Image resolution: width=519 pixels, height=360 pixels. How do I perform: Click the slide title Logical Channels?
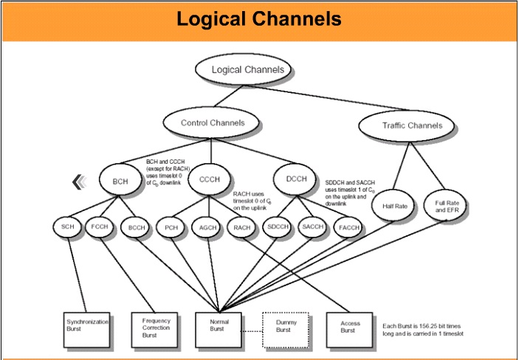point(259,20)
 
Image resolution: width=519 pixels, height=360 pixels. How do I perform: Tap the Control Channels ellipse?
point(213,122)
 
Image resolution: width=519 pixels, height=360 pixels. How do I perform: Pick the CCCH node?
point(210,179)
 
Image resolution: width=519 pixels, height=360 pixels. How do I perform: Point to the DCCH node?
point(297,179)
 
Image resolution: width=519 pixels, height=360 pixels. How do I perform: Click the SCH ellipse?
point(67,227)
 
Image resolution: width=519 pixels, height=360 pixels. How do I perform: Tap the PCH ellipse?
point(171,228)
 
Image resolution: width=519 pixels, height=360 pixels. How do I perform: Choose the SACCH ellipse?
point(314,227)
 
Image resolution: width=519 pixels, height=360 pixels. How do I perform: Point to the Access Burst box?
point(350,328)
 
